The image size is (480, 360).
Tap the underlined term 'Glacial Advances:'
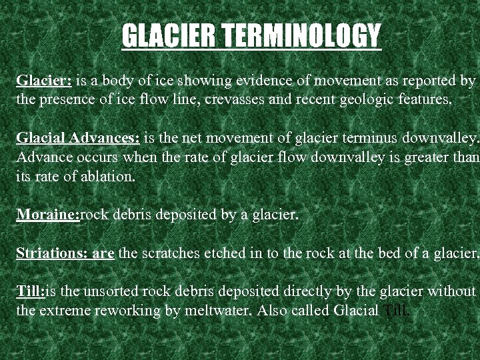coord(78,139)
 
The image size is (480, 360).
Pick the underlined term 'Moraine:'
coord(48,215)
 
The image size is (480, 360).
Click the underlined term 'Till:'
coord(31,291)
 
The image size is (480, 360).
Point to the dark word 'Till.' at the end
coord(398,311)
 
